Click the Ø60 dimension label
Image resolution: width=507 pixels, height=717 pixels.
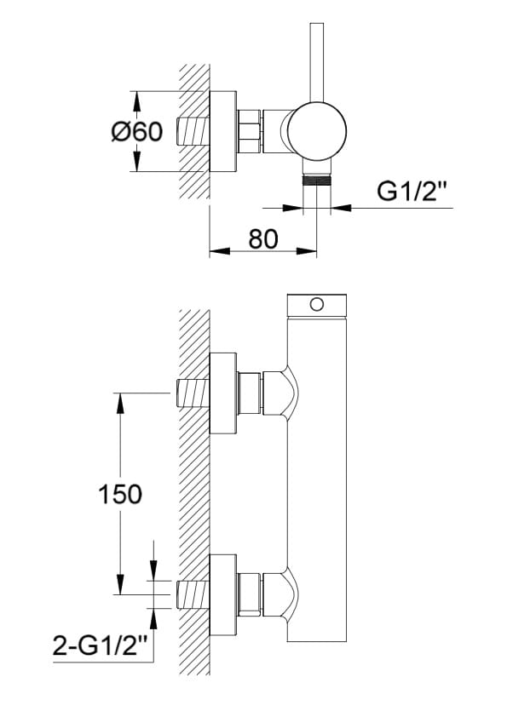[137, 132]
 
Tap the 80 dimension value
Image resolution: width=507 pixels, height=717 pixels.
[263, 238]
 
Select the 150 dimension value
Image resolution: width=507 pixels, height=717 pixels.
[120, 494]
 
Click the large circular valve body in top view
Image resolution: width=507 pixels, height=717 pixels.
[317, 131]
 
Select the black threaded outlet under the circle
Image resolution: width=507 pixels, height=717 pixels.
[317, 179]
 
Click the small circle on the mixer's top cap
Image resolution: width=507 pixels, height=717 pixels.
[317, 304]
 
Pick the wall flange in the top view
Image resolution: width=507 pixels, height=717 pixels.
[223, 132]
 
